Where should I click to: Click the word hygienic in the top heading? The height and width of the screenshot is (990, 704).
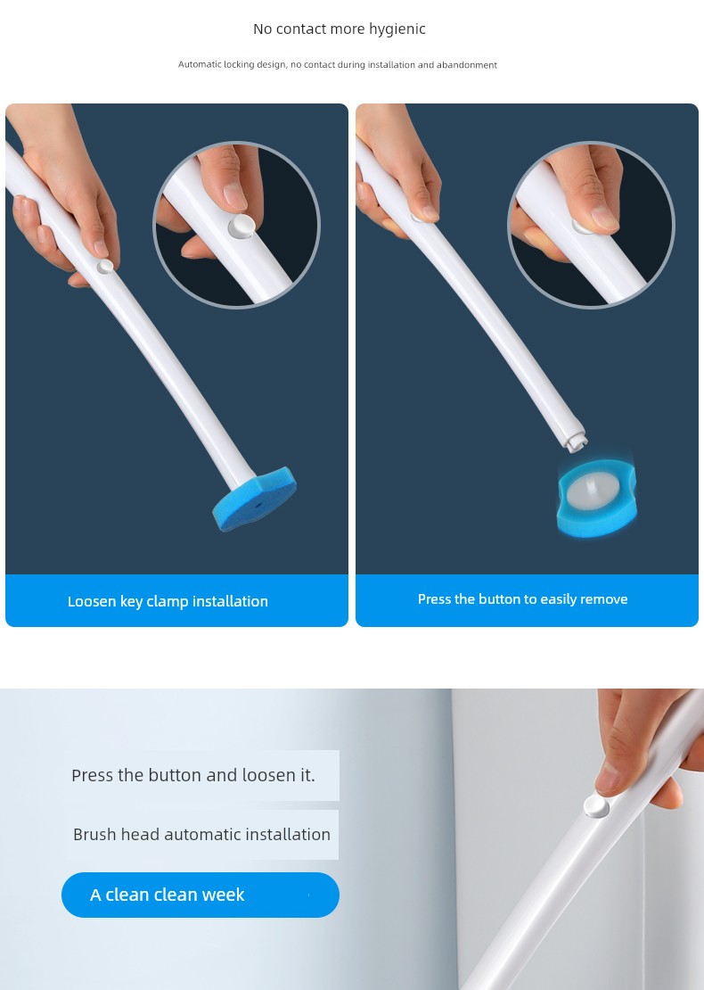pos(398,29)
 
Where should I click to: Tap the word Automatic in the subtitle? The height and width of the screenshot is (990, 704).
pos(200,64)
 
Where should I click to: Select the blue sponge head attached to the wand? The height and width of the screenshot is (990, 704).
pos(255,499)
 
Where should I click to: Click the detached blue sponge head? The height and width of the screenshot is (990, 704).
pos(597,499)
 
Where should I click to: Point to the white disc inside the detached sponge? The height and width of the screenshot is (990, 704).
pos(591,491)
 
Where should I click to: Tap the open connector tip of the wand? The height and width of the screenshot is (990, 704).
pos(574,440)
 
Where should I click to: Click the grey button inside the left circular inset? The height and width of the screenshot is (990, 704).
pos(241,226)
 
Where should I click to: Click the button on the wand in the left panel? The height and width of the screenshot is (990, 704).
pos(105,266)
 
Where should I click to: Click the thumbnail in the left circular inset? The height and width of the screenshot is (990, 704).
pos(234,195)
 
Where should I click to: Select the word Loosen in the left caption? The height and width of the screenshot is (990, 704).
pos(92,601)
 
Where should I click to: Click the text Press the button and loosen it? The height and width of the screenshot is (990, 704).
pos(193,775)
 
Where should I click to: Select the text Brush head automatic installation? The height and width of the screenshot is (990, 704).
pos(202,834)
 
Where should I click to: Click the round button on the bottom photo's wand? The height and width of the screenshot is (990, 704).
pos(596,806)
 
